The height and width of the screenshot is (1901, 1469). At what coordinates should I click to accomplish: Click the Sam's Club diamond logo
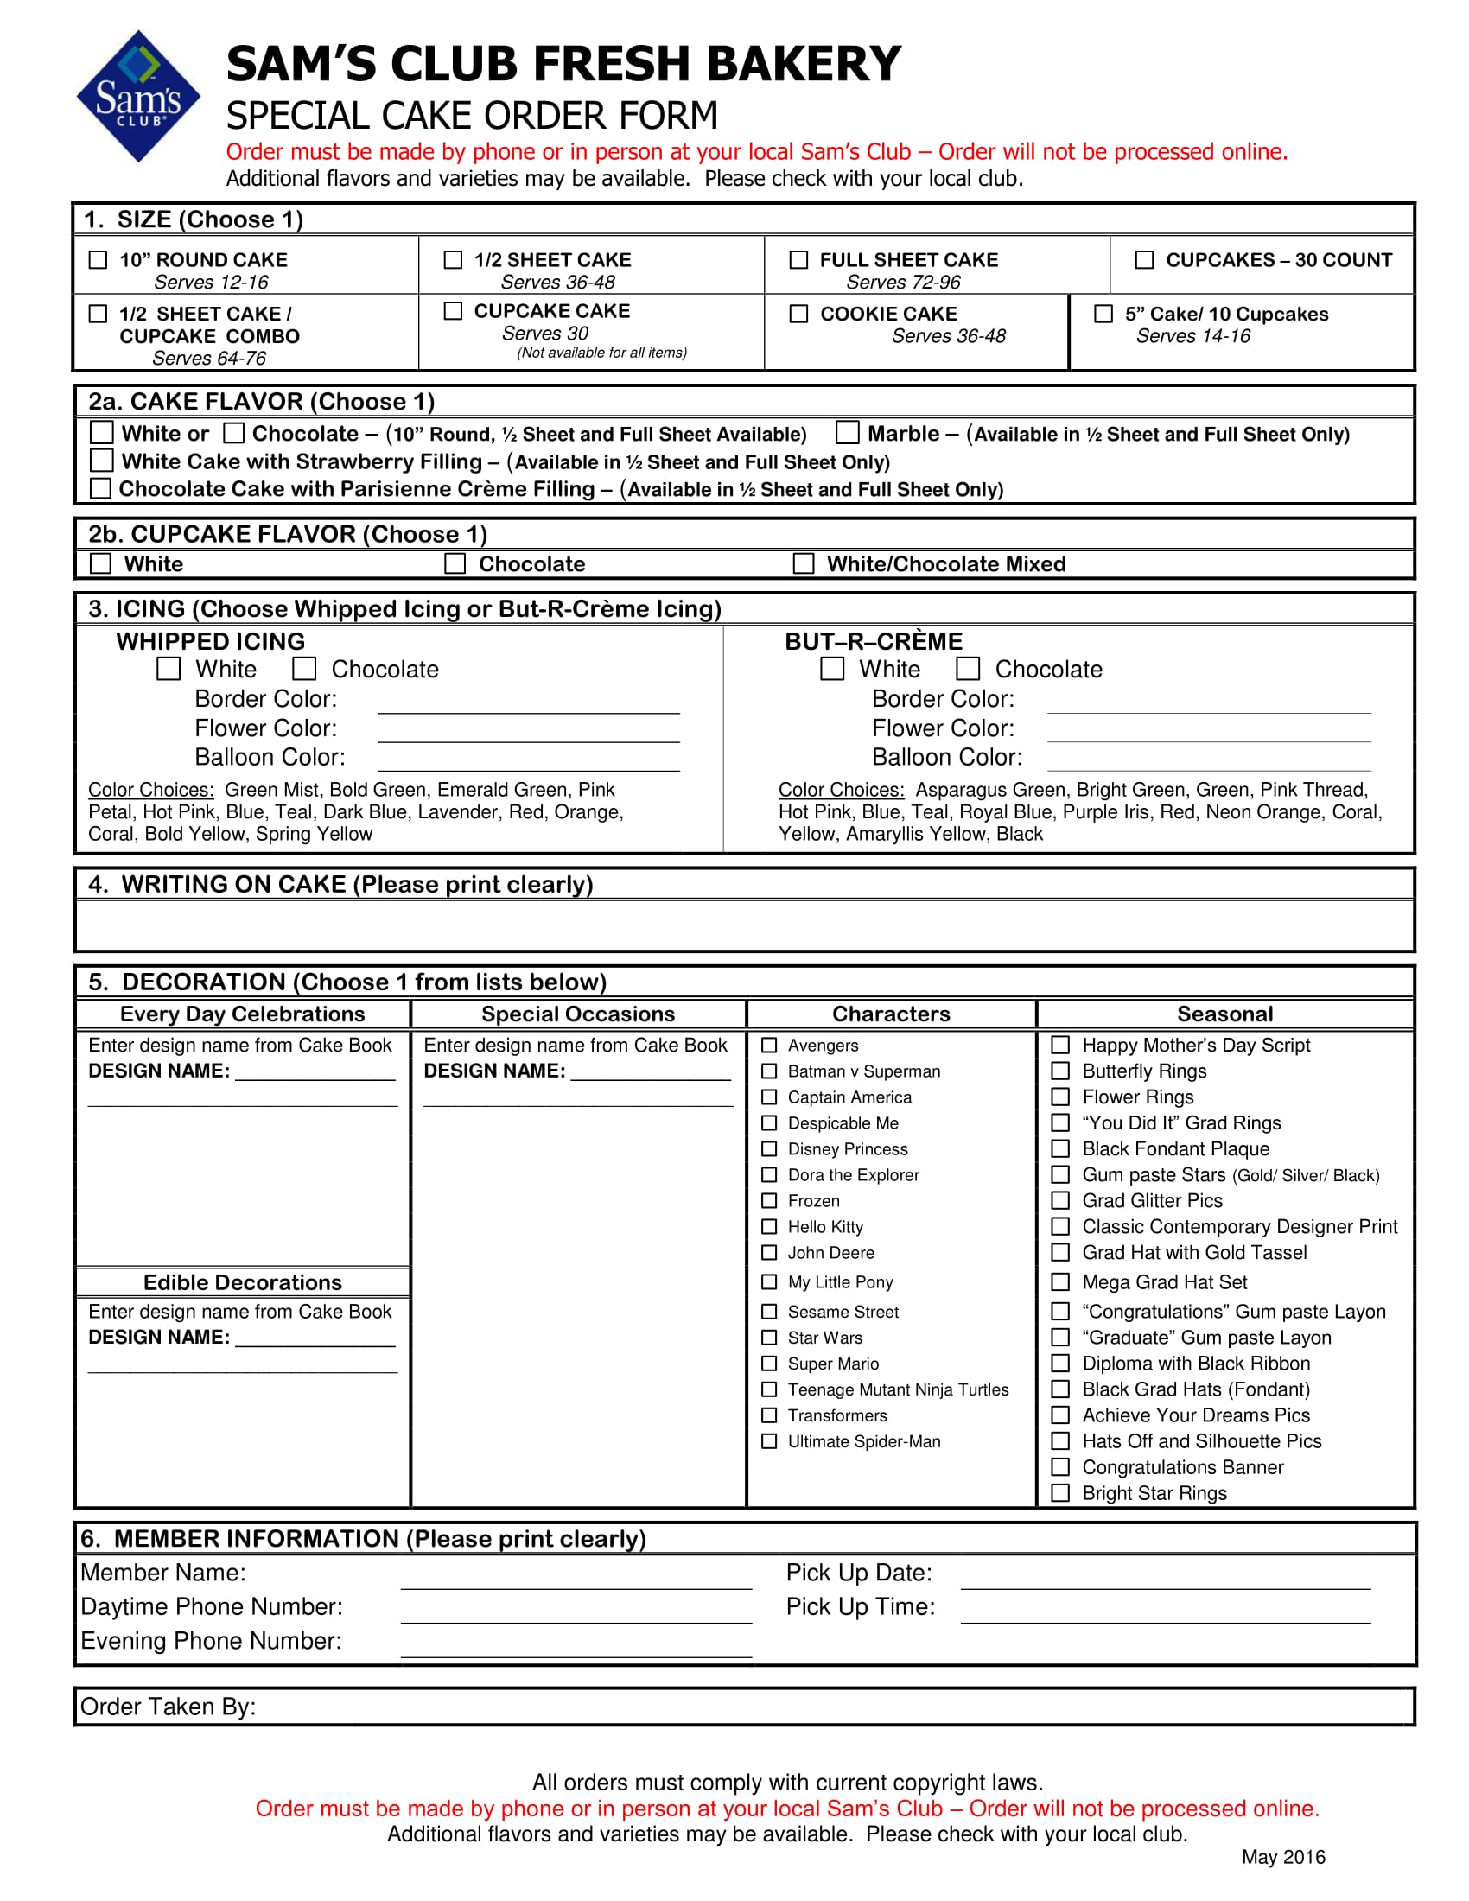138,97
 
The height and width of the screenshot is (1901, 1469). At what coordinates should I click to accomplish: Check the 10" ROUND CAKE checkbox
99,260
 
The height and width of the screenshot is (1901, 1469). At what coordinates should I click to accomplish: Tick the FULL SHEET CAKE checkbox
798,260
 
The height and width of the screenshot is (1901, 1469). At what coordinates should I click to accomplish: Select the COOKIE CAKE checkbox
798,314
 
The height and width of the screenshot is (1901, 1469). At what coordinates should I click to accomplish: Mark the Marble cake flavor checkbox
847,433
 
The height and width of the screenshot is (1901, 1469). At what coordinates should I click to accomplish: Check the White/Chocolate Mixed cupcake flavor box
804,563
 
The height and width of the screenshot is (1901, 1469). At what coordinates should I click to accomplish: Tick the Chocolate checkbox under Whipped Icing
303,669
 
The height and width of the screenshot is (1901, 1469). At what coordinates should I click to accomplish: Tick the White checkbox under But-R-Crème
832,669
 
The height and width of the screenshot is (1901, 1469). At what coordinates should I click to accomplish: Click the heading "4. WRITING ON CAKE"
340,884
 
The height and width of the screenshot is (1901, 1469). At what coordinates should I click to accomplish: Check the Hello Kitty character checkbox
769,1226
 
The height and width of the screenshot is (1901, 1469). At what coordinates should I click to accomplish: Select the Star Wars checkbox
769,1337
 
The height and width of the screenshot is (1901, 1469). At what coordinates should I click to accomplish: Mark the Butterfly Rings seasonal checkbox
1060,1071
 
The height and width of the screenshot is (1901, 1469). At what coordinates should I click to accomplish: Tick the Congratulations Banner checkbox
1060,1466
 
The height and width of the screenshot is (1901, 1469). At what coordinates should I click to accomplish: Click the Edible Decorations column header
242,1282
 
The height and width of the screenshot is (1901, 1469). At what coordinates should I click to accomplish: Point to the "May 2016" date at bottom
1282,1858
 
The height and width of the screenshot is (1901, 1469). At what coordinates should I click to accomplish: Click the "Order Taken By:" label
168,1707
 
